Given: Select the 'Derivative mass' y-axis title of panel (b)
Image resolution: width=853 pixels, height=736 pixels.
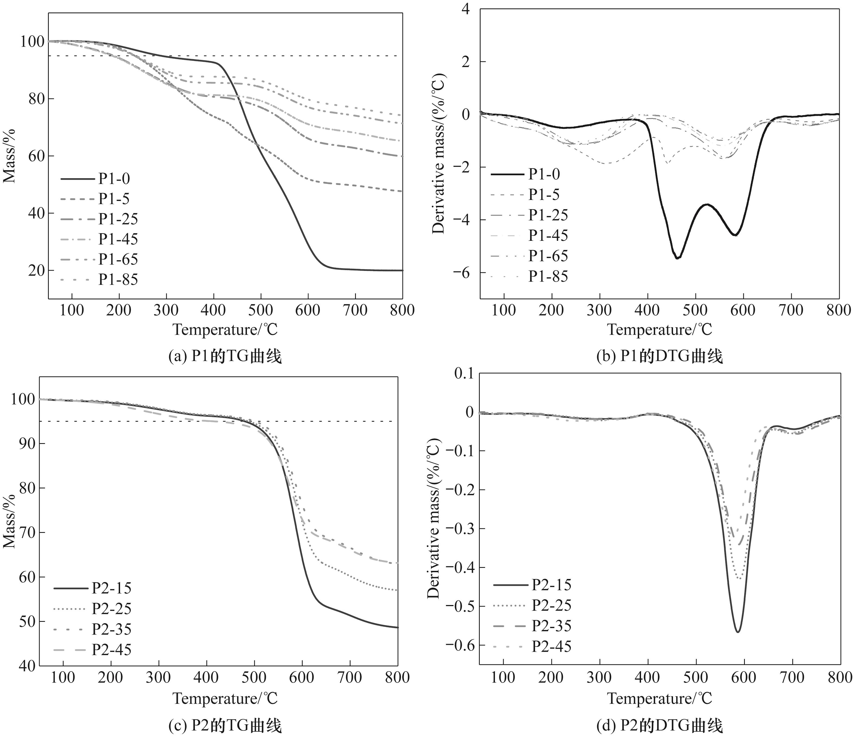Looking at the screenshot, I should pos(439,153).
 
